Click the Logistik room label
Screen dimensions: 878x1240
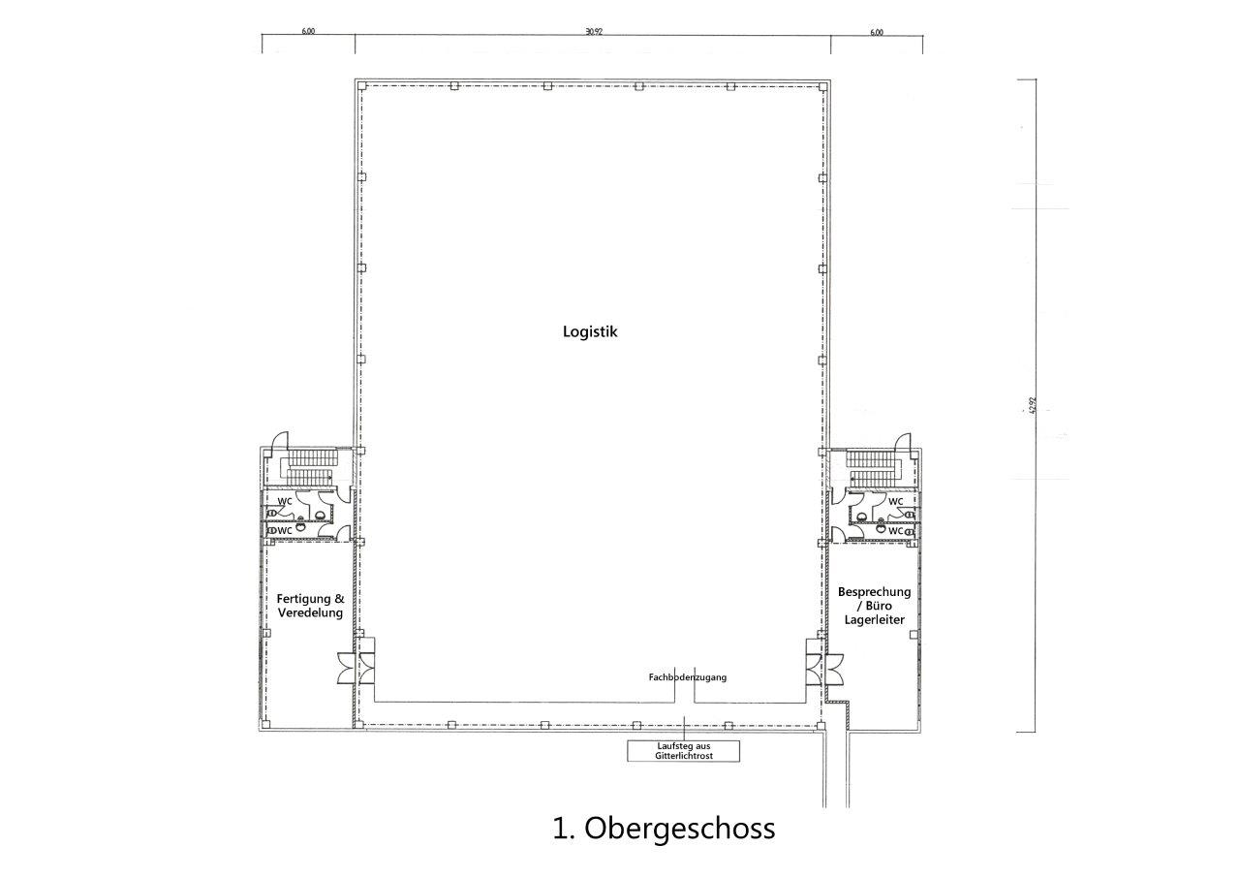coord(590,331)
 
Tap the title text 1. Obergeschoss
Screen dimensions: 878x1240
coord(664,829)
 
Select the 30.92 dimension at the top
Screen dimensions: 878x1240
coord(593,32)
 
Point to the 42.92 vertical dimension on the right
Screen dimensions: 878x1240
coord(1033,404)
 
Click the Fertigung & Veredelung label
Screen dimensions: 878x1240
coord(309,606)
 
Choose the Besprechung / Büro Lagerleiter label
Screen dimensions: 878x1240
coord(874,605)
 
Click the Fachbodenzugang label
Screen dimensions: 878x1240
coord(687,677)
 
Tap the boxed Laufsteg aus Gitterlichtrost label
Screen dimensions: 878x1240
coord(683,750)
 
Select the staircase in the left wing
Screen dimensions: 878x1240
coord(309,468)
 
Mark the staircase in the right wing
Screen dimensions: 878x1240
coord(874,468)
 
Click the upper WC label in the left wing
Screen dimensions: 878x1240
coord(285,501)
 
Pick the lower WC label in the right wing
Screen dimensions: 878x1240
coord(896,531)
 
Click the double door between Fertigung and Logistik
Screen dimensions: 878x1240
coord(355,668)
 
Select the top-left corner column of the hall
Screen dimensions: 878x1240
coord(361,86)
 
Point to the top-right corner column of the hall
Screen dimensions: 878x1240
coord(822,86)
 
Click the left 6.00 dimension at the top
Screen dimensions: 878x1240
coord(308,32)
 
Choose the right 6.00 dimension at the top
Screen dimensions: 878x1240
coord(877,32)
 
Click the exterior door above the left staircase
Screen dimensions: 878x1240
coord(280,441)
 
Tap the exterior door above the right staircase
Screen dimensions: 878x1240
coord(903,441)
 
